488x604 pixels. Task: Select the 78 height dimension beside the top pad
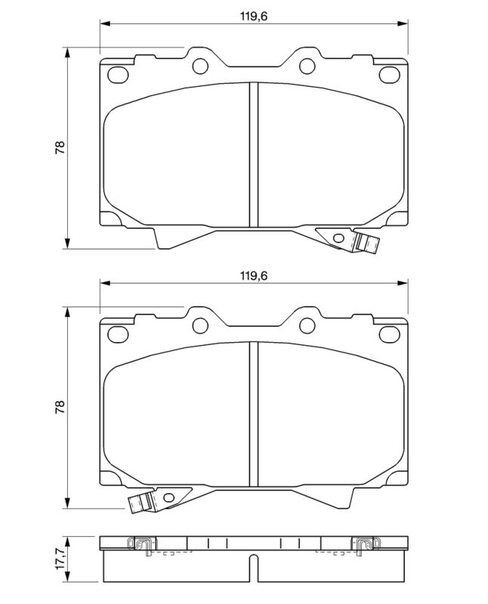tap(60, 147)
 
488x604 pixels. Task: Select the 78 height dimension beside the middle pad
tap(60, 408)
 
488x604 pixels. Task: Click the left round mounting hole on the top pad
tap(200, 66)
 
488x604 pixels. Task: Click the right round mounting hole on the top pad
tap(307, 66)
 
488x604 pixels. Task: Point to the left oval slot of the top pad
tap(119, 75)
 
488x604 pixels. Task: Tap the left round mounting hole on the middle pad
tap(200, 325)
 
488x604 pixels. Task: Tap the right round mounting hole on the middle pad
tap(307, 325)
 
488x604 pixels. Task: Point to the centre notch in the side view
tap(254, 562)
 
